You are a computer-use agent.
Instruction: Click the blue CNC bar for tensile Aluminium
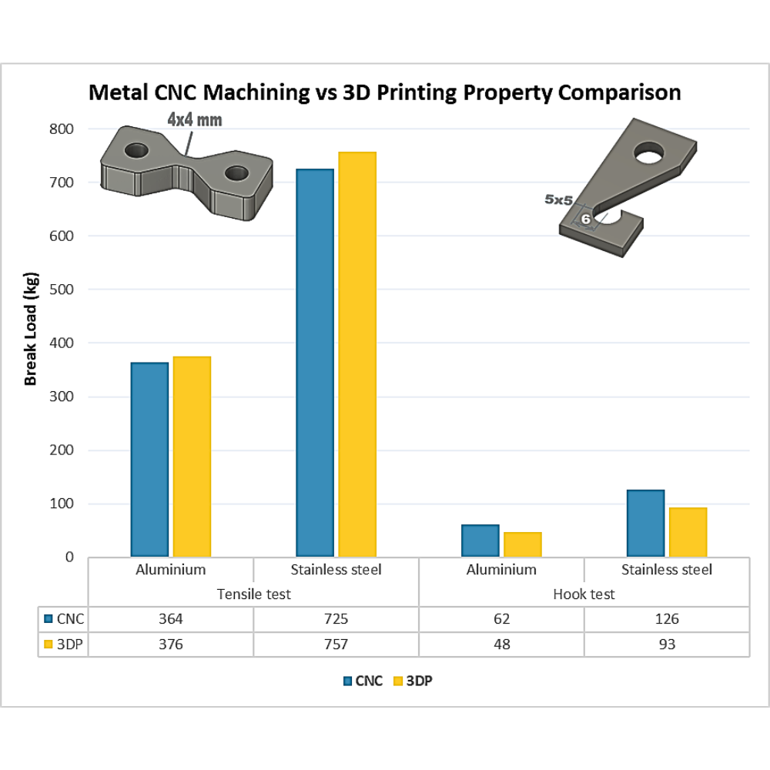[149, 459]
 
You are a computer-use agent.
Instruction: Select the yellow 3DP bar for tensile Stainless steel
[357, 354]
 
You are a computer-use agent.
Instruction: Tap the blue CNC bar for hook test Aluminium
[480, 541]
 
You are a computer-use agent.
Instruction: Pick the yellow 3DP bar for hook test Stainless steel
[688, 532]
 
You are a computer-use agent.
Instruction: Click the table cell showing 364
[171, 619]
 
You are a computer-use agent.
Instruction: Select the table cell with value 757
[336, 644]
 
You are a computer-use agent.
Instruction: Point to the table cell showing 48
[501, 644]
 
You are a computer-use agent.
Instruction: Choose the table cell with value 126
[666, 619]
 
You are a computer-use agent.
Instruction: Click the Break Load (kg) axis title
[31, 329]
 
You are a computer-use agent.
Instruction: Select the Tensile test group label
[253, 594]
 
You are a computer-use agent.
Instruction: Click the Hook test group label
[584, 594]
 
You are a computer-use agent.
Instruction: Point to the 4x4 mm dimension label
[194, 119]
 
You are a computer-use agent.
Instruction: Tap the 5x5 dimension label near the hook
[558, 199]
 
